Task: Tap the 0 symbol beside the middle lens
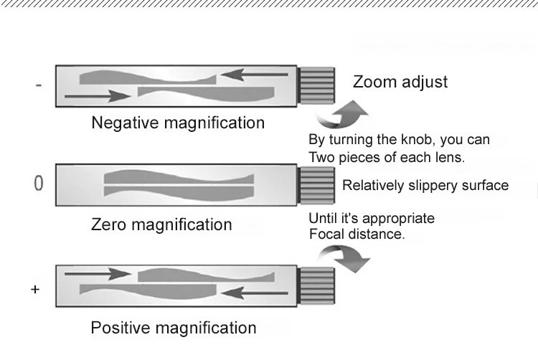click(x=39, y=184)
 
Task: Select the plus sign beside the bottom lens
click(x=34, y=289)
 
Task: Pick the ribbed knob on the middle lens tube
click(x=316, y=185)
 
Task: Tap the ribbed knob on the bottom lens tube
click(x=316, y=285)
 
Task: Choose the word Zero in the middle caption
click(x=110, y=224)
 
